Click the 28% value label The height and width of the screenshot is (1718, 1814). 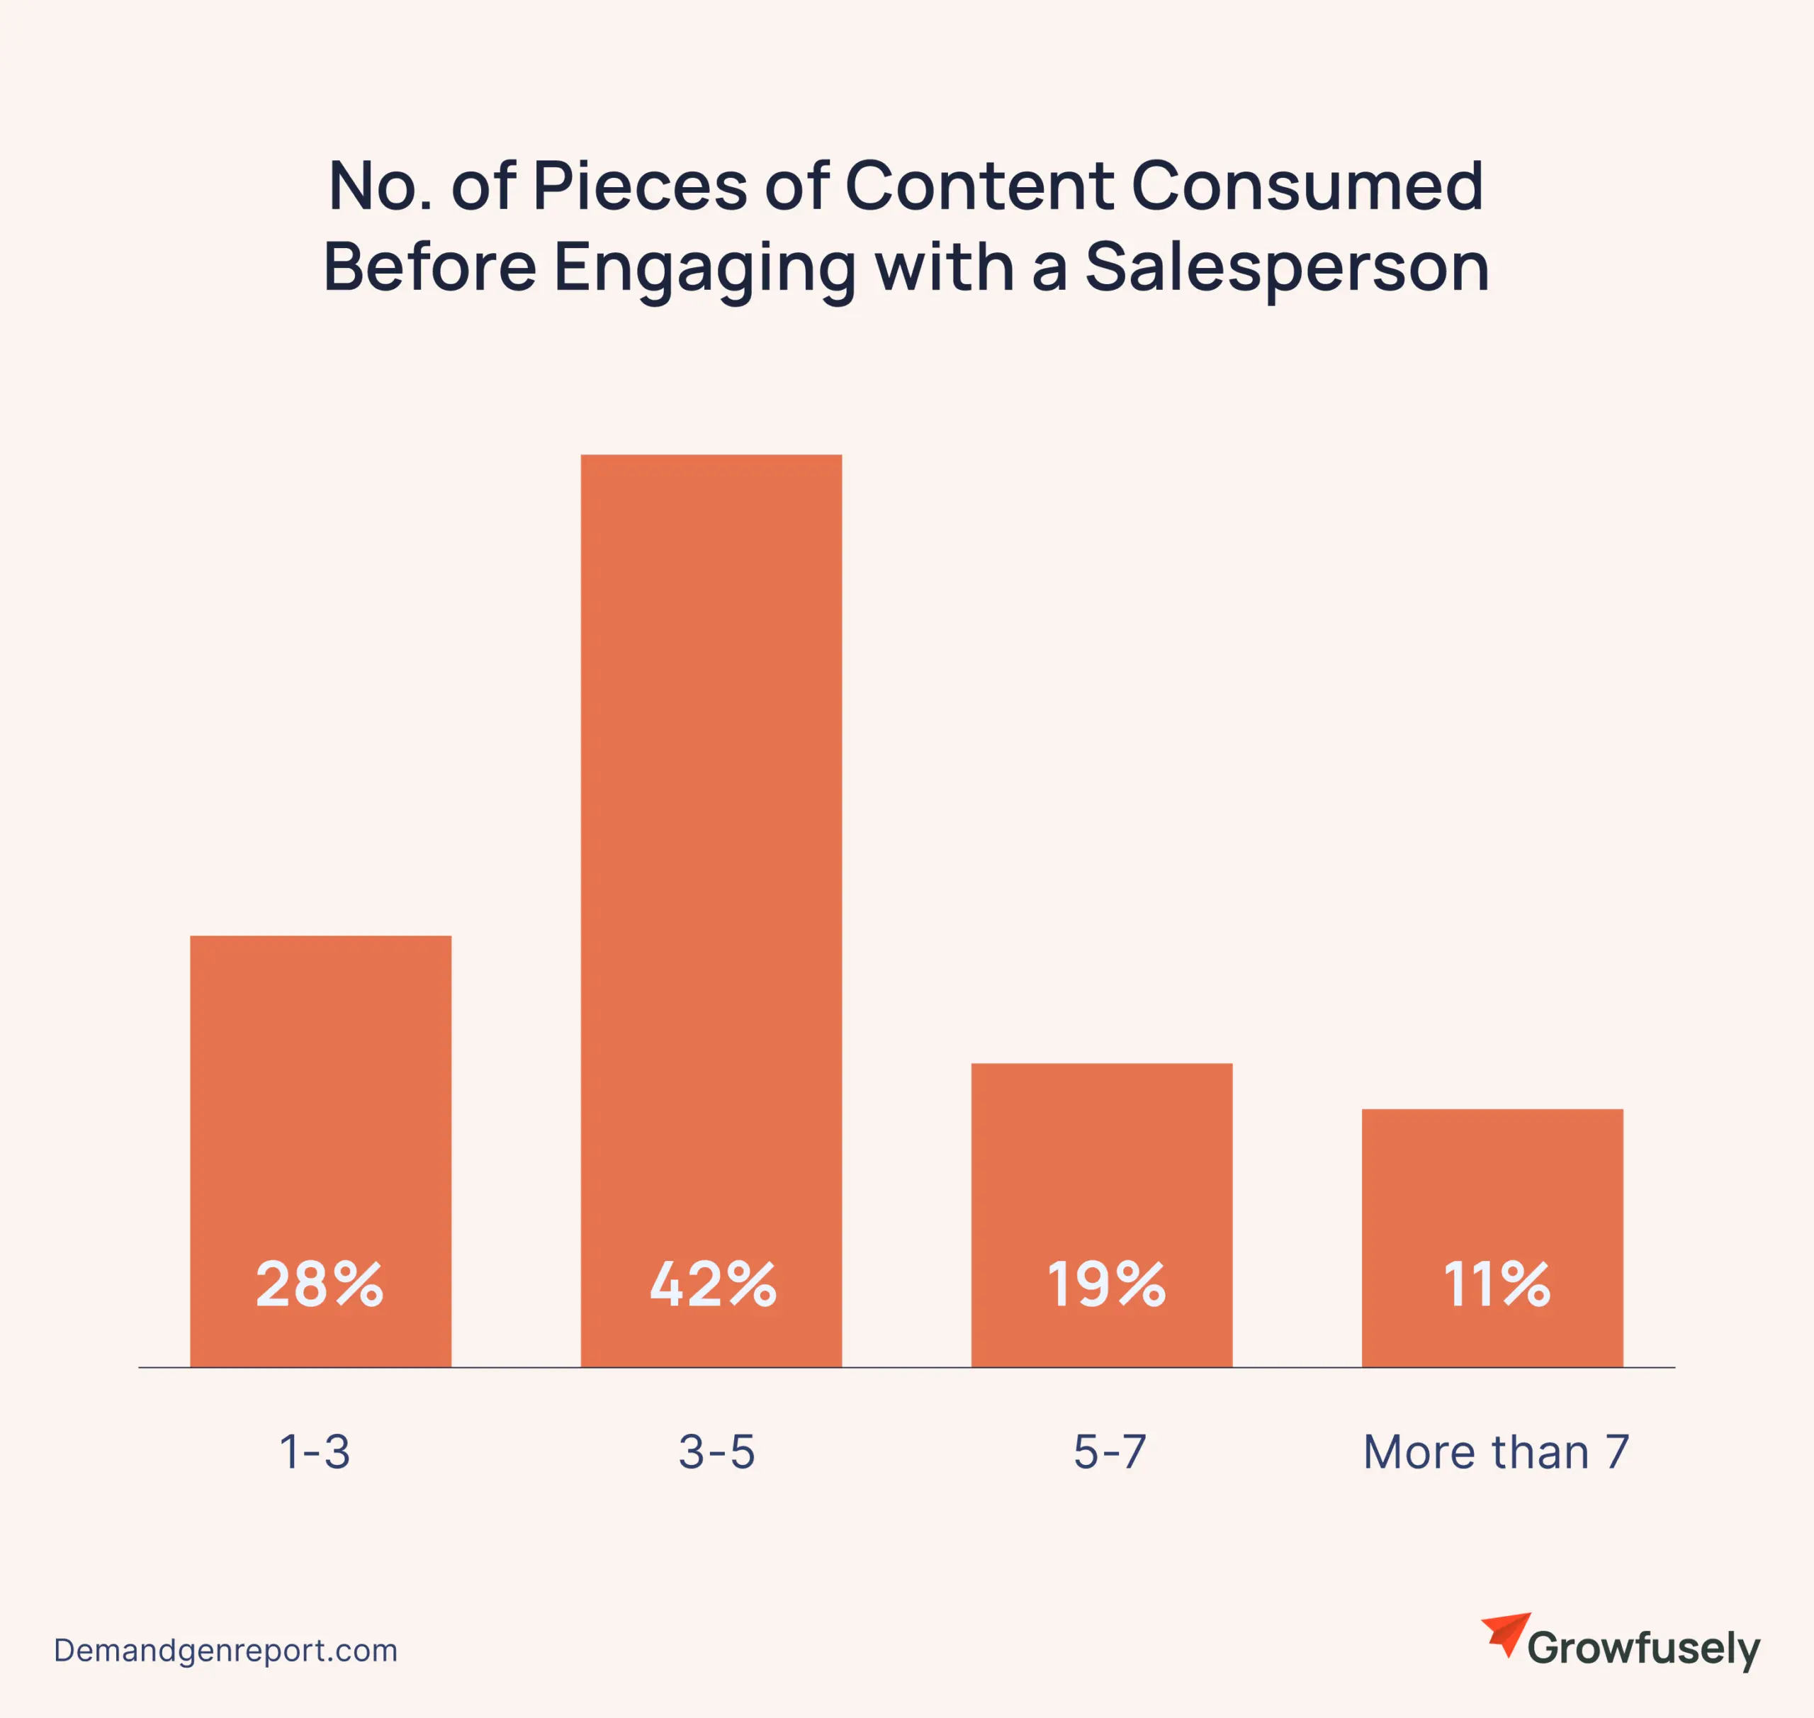[320, 1284]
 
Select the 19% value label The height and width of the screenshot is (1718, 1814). [1106, 1284]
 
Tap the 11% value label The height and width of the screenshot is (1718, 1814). [1497, 1284]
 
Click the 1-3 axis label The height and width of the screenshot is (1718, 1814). [314, 1452]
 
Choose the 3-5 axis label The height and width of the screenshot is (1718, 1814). [717, 1452]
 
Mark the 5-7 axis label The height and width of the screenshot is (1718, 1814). [1110, 1452]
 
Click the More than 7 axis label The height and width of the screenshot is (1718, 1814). [1497, 1452]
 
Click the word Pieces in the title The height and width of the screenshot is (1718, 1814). [639, 186]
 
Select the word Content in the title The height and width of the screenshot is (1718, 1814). [979, 186]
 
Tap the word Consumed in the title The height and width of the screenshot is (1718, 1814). [1307, 186]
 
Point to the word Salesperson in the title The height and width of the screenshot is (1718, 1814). [1287, 269]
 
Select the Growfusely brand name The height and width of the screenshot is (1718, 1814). [1643, 1649]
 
